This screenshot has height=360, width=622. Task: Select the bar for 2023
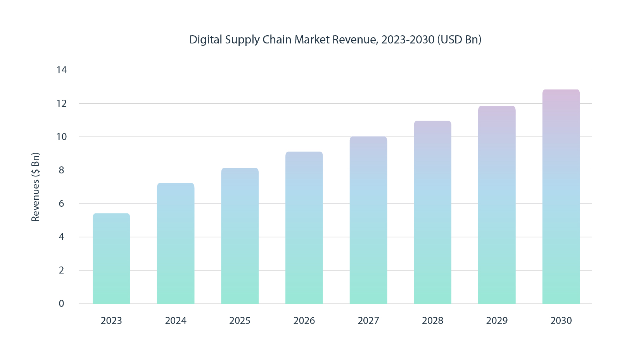coord(111,259)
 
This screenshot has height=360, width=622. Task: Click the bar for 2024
coord(176,244)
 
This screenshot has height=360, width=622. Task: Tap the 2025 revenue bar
coord(240,236)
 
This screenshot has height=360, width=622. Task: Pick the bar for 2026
coord(304,228)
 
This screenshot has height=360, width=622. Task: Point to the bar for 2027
coord(368,220)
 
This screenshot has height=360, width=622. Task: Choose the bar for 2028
coord(432,212)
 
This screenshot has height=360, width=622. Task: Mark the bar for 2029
coord(497,205)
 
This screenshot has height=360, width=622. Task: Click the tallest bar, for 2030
coord(561,197)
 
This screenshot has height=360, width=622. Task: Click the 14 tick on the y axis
coord(61,70)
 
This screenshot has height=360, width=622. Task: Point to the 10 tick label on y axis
coord(61,137)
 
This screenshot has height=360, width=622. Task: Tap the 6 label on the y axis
coord(61,204)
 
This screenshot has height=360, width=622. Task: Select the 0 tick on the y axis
coord(61,304)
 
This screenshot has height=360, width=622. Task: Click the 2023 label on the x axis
coord(111,321)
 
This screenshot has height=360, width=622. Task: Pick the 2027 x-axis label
coord(368,321)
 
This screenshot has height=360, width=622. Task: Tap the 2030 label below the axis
coord(561,321)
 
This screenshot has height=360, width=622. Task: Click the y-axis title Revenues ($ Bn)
coord(35,187)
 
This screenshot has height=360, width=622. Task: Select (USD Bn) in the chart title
coord(459,40)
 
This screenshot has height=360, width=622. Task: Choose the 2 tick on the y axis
coord(61,270)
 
